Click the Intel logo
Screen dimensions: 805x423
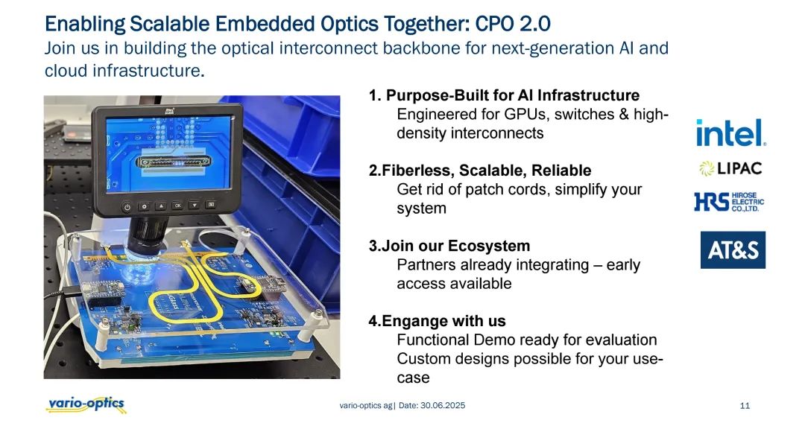tap(730, 133)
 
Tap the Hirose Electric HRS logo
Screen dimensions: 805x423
tap(729, 202)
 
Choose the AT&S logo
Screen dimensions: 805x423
tap(733, 249)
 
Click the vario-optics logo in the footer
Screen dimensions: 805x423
tap(86, 404)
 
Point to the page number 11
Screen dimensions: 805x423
tap(745, 406)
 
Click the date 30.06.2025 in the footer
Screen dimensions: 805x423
tap(443, 405)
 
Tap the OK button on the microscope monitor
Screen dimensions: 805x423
tap(177, 205)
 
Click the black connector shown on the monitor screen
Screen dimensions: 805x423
tap(174, 162)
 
